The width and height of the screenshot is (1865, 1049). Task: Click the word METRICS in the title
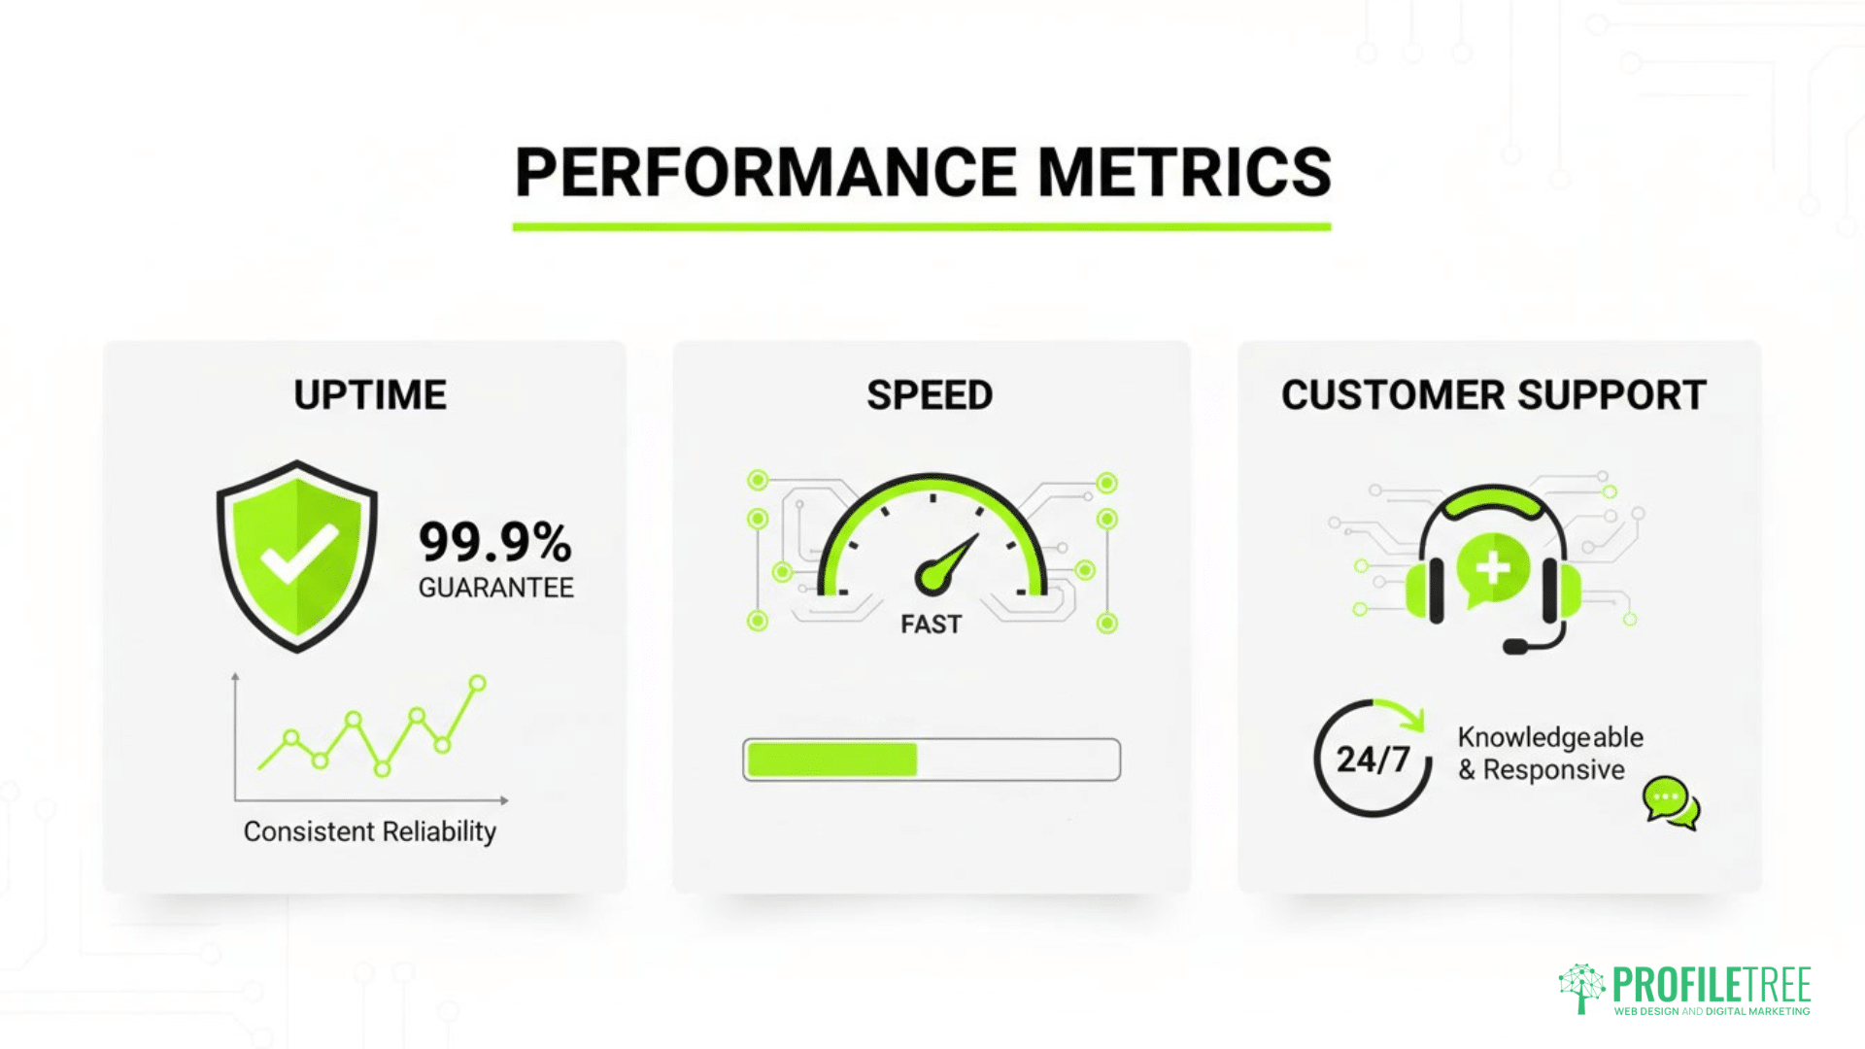click(x=1184, y=173)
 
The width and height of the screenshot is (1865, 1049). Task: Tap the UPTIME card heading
click(x=370, y=395)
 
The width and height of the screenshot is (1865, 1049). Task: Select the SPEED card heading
click(x=930, y=395)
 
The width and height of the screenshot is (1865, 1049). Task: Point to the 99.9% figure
click(x=494, y=542)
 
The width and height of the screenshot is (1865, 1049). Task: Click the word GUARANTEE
click(x=495, y=588)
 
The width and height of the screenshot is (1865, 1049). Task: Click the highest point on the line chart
click(x=477, y=684)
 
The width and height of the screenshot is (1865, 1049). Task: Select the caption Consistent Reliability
click(x=369, y=831)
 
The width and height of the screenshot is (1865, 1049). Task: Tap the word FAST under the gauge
click(x=931, y=625)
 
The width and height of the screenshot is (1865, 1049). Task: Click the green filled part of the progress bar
click(x=831, y=760)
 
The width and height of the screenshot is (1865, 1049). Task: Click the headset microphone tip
click(x=1513, y=646)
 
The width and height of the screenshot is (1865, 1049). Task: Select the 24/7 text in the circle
click(x=1373, y=760)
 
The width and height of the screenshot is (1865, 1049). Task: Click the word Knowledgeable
click(x=1550, y=737)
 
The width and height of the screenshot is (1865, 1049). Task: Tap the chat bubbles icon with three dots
click(x=1670, y=802)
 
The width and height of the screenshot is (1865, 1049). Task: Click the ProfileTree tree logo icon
click(x=1581, y=988)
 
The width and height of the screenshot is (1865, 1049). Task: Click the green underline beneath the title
click(x=922, y=227)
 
